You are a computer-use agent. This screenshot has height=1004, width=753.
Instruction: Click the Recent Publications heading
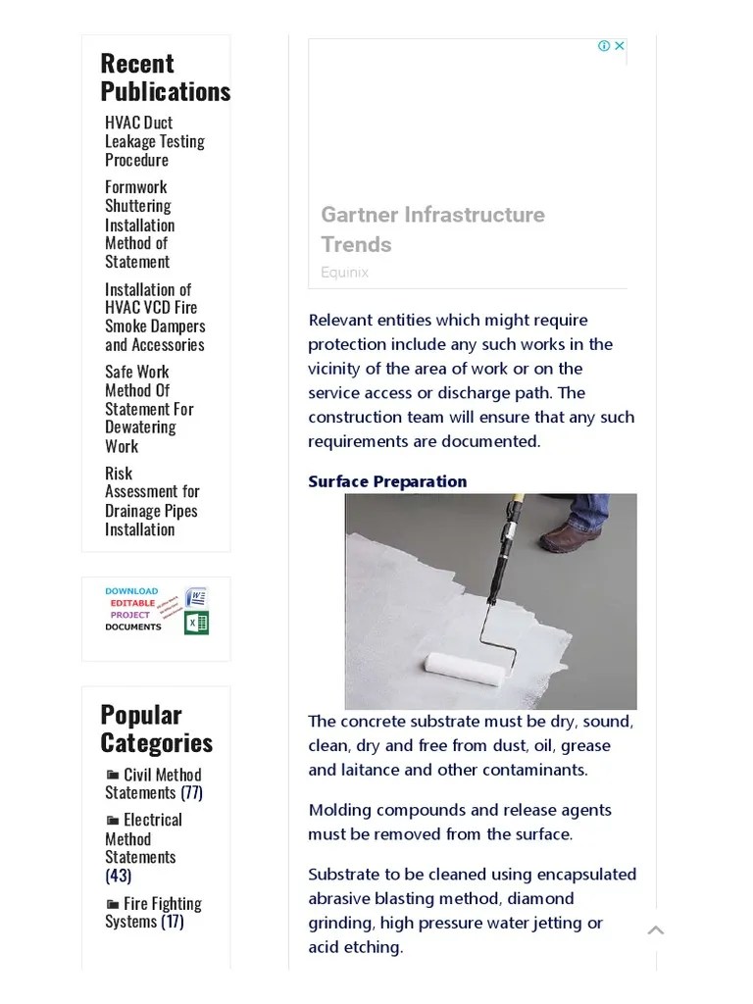(x=165, y=77)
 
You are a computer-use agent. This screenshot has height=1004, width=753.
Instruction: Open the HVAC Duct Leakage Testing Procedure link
(x=154, y=141)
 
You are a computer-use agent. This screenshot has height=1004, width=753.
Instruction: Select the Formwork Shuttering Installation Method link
(x=139, y=225)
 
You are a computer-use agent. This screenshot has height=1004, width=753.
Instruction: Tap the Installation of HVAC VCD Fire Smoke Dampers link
(x=155, y=317)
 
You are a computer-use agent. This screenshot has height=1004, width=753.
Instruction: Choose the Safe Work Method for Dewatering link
(x=149, y=408)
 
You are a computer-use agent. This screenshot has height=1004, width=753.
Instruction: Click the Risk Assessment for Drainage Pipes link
(x=152, y=501)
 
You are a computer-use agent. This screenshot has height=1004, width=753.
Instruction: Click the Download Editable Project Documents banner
(x=156, y=610)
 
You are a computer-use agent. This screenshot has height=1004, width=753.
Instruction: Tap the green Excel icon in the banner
(x=197, y=623)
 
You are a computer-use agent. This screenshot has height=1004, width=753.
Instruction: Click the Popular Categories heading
(x=156, y=728)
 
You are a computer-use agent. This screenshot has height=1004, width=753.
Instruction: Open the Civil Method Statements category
(x=153, y=783)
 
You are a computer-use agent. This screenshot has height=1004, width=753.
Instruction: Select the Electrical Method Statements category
(x=143, y=838)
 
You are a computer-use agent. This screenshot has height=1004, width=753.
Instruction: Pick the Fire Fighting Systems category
(x=153, y=912)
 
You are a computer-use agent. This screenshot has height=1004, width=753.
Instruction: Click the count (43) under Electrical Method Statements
(x=118, y=876)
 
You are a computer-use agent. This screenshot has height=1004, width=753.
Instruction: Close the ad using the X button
(x=619, y=46)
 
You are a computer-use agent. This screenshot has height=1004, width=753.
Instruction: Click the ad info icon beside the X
(x=604, y=46)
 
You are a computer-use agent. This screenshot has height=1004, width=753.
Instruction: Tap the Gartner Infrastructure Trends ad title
(x=432, y=229)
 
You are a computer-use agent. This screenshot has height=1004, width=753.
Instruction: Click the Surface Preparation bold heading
(x=387, y=481)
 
